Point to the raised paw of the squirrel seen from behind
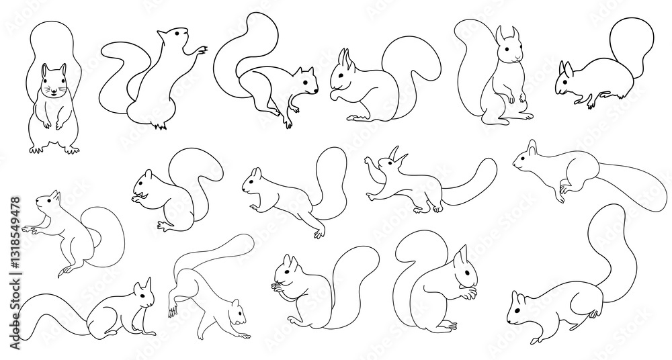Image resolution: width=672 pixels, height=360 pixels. pyautogui.click(x=200, y=50)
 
